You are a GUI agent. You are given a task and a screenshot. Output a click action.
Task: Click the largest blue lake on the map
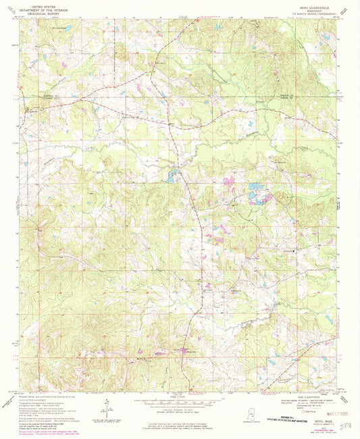[x=255, y=196]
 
